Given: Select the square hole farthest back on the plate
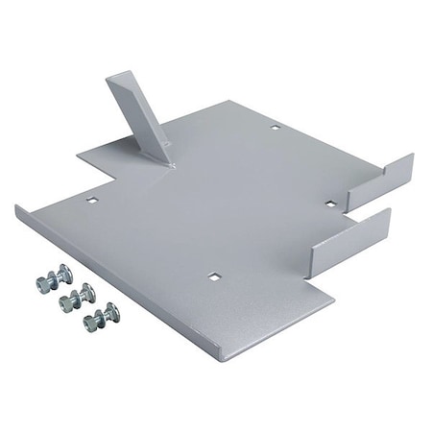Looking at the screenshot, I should [x=275, y=126].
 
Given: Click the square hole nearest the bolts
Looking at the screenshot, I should [x=92, y=200].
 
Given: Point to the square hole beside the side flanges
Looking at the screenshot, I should [x=329, y=204].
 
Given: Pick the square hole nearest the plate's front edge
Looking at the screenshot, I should [x=214, y=276].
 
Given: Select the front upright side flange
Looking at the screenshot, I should [x=350, y=238].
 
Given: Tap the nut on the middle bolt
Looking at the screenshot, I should [x=69, y=301].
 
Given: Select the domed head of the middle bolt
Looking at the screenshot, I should [x=84, y=292].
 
